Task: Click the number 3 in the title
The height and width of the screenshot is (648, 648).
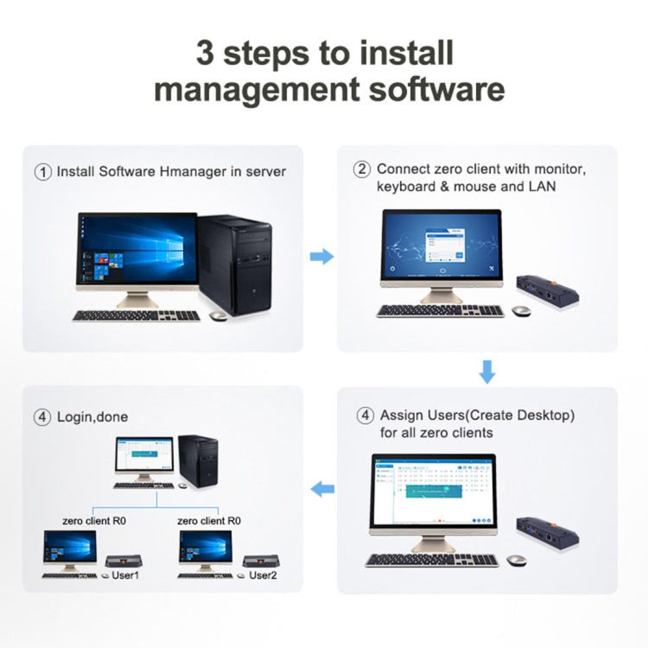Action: pyautogui.click(x=206, y=53)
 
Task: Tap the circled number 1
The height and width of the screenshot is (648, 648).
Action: pyautogui.click(x=43, y=172)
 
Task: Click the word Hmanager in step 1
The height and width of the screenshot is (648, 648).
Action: pyautogui.click(x=193, y=171)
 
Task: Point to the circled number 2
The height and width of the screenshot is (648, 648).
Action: pyautogui.click(x=363, y=169)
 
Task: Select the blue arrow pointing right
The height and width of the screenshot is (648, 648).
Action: pyautogui.click(x=321, y=257)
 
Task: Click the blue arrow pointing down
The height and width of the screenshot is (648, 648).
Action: pyautogui.click(x=487, y=372)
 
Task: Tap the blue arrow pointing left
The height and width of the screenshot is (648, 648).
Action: pyautogui.click(x=321, y=489)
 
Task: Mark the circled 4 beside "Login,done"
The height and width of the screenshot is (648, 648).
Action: pyautogui.click(x=43, y=416)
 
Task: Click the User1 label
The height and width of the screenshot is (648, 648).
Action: pyautogui.click(x=126, y=574)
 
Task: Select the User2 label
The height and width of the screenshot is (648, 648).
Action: pyautogui.click(x=264, y=574)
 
